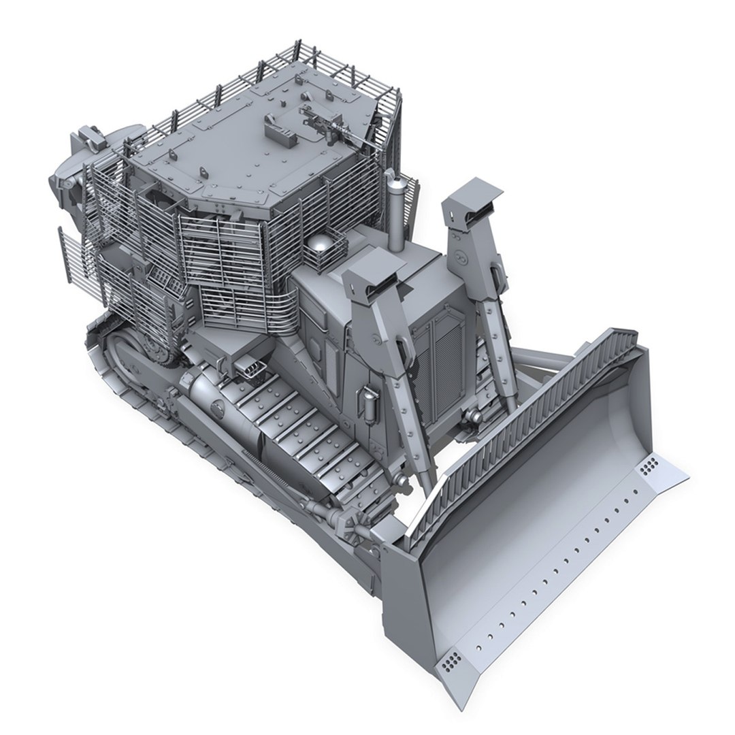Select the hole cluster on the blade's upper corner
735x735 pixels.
pyautogui.click(x=648, y=465)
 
